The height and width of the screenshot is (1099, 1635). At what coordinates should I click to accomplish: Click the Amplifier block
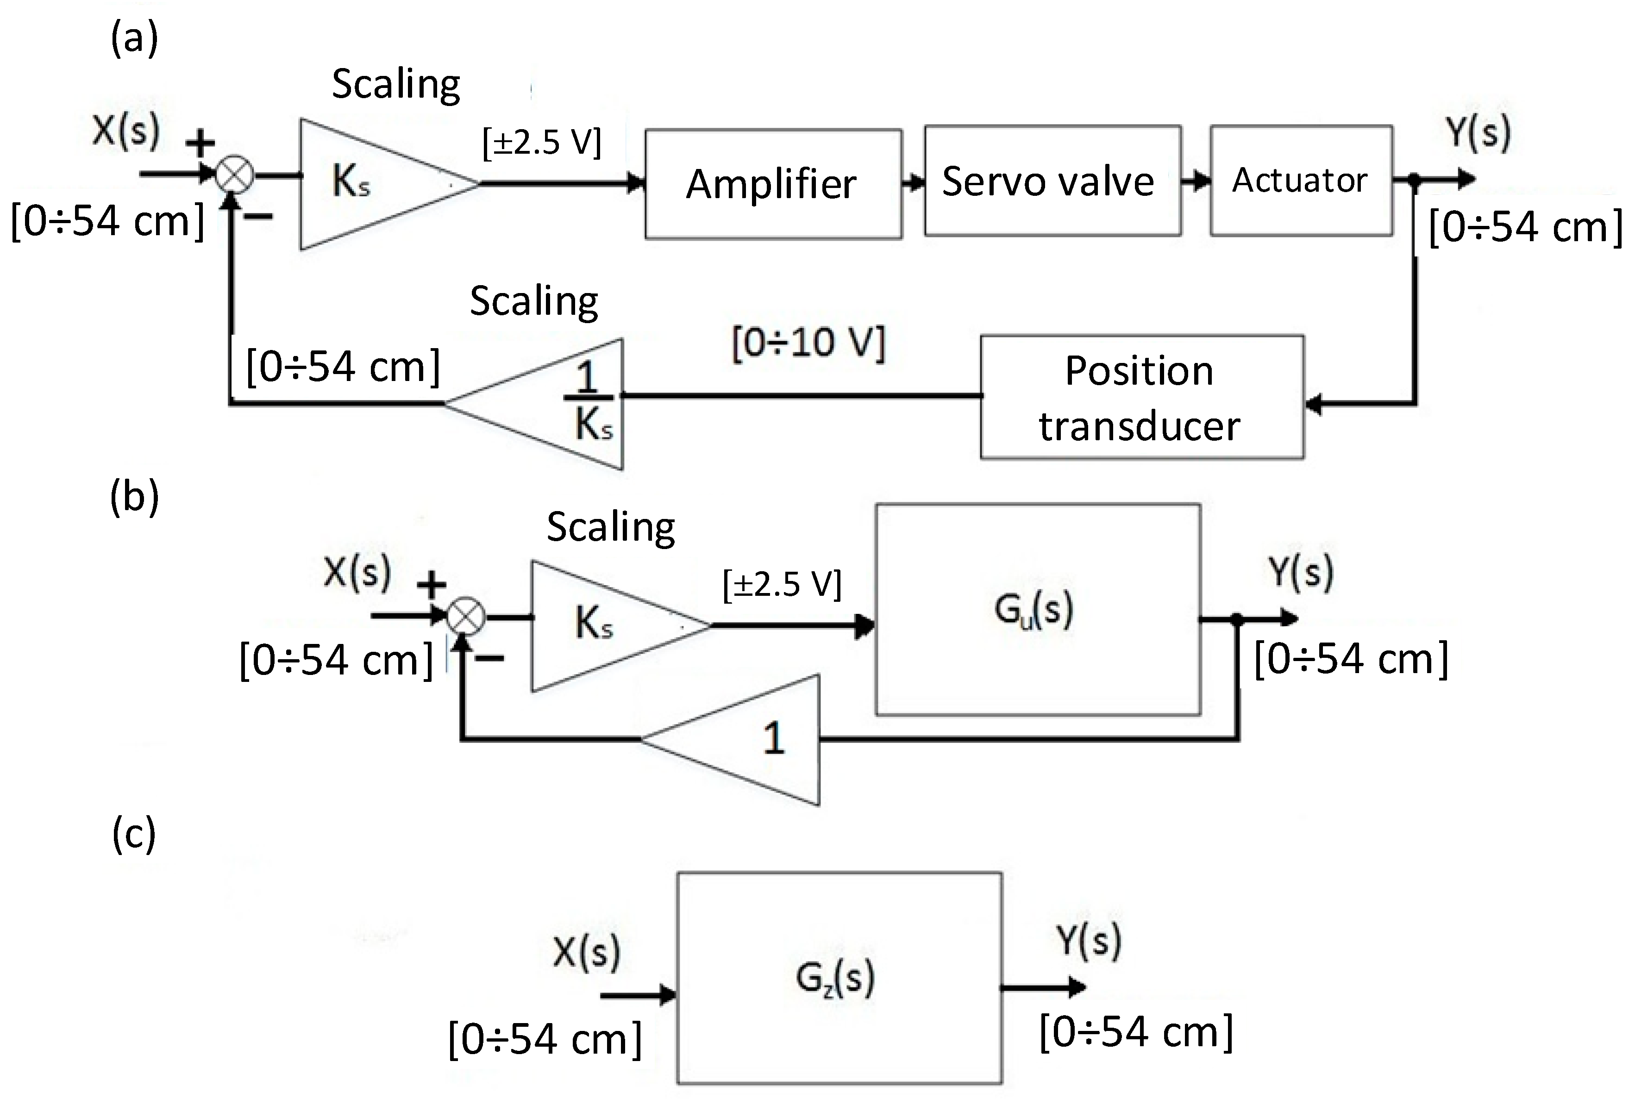click(773, 184)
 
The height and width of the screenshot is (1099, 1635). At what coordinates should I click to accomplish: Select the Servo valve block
click(1052, 181)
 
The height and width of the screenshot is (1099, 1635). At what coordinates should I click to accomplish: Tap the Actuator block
click(1301, 180)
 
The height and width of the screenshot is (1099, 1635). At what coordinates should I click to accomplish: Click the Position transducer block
click(1141, 397)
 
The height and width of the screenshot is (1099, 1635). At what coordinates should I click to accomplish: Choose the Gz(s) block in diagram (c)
click(839, 978)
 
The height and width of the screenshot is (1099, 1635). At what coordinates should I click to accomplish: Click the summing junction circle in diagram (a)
click(234, 175)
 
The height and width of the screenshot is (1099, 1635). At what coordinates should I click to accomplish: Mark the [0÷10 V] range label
click(808, 343)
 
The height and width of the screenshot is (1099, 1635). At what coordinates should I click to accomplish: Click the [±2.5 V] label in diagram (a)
click(542, 143)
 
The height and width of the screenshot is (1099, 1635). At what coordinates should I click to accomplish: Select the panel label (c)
click(133, 834)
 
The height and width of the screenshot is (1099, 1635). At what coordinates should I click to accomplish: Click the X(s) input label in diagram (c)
click(586, 952)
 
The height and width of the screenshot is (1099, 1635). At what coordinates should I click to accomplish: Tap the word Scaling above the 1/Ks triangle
click(533, 301)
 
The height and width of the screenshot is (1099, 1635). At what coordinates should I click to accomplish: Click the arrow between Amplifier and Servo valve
click(913, 183)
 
